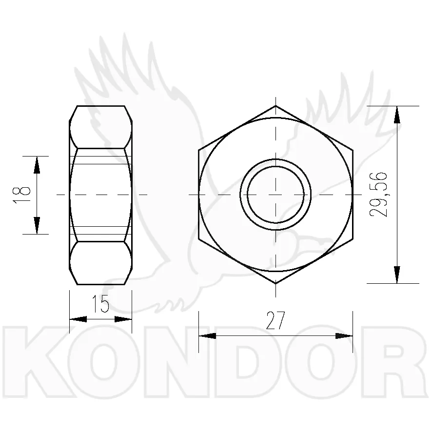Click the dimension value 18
(x=21, y=195)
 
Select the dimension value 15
(x=100, y=303)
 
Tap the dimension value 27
(x=275, y=321)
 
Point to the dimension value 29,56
(x=378, y=195)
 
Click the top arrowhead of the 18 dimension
(x=37, y=165)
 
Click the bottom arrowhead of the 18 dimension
(x=37, y=226)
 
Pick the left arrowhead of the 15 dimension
(x=78, y=319)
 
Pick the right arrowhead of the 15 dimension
(x=123, y=319)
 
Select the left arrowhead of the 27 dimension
(x=207, y=336)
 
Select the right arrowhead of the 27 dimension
(x=344, y=336)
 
